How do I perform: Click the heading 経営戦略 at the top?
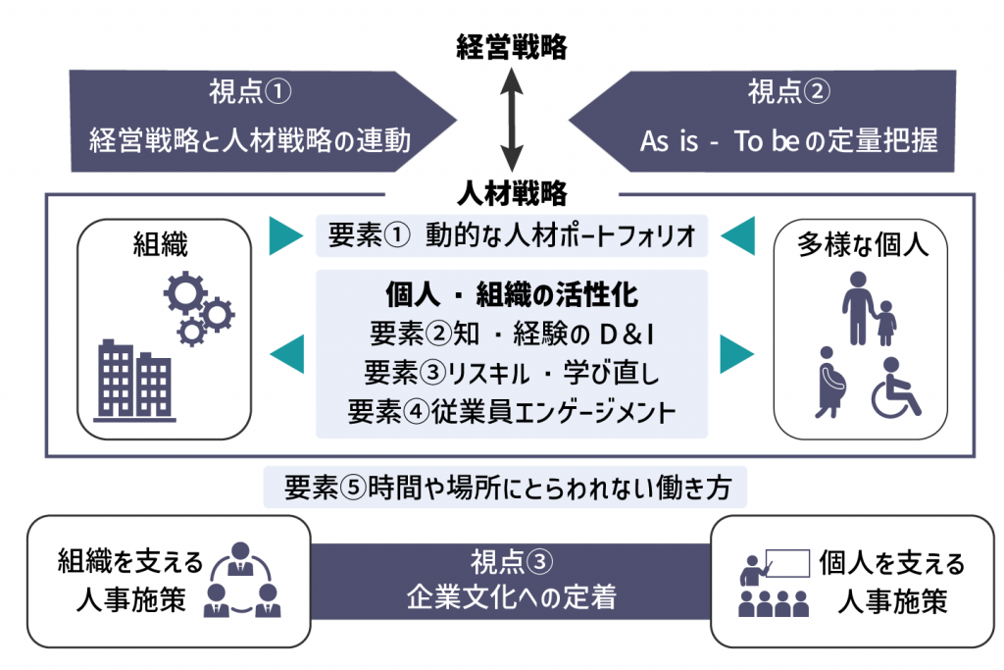512,46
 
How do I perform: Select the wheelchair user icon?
896,388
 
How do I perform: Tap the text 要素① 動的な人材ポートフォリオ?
512,235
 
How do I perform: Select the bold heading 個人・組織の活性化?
512,295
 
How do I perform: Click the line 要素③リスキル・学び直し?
512,373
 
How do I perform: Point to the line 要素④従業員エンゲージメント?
512,411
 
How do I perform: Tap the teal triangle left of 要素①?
285,234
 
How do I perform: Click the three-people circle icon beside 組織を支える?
241,580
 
